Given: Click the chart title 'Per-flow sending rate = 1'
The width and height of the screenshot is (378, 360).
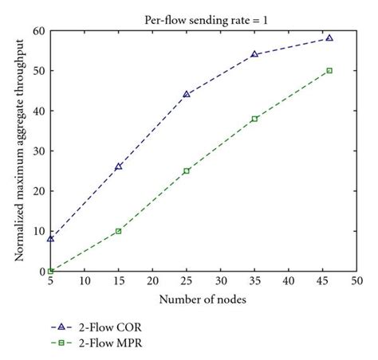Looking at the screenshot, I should point(204,14).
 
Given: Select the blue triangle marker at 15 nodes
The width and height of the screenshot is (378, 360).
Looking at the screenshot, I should point(119,166).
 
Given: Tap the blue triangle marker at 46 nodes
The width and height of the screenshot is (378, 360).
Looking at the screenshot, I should point(329,37).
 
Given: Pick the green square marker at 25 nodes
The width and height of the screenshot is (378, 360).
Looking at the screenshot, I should point(187,170).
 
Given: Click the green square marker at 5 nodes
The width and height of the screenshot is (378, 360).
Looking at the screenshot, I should point(51,271).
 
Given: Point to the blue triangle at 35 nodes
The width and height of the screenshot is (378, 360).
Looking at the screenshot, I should point(254,54).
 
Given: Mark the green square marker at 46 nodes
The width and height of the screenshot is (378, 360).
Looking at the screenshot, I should point(329,70).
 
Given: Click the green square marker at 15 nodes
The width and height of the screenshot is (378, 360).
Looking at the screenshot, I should point(119,231).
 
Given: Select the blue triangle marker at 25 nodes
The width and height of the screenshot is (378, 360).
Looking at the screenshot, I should point(187,94).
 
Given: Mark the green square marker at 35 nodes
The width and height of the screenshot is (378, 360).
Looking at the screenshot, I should point(254,119).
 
